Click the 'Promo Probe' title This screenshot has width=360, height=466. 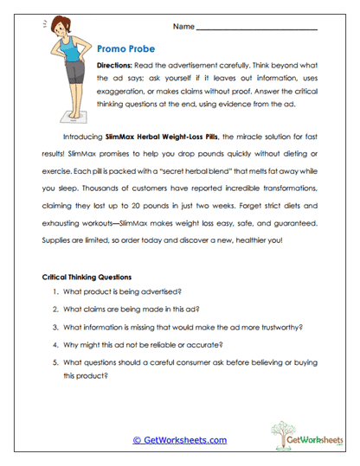(127, 50)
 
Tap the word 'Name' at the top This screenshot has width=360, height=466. (183, 27)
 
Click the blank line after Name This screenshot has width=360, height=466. (256, 29)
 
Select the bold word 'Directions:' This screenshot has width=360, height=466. (114, 66)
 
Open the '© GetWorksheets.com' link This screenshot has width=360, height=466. (179, 440)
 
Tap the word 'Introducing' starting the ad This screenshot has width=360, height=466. (83, 137)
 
